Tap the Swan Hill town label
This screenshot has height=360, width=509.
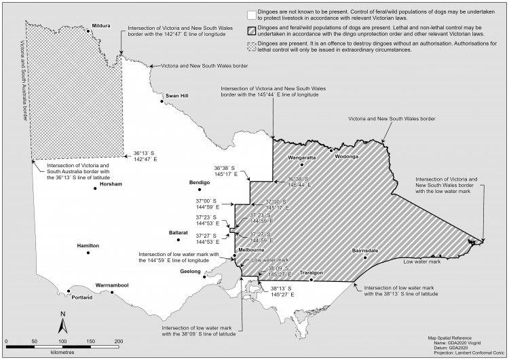tap(176, 96)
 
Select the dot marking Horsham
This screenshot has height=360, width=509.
tap(95, 188)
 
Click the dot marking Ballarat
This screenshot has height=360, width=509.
tap(178, 239)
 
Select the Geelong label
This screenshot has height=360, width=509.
tap(190, 271)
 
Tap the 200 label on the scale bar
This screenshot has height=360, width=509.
tap(119, 340)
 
